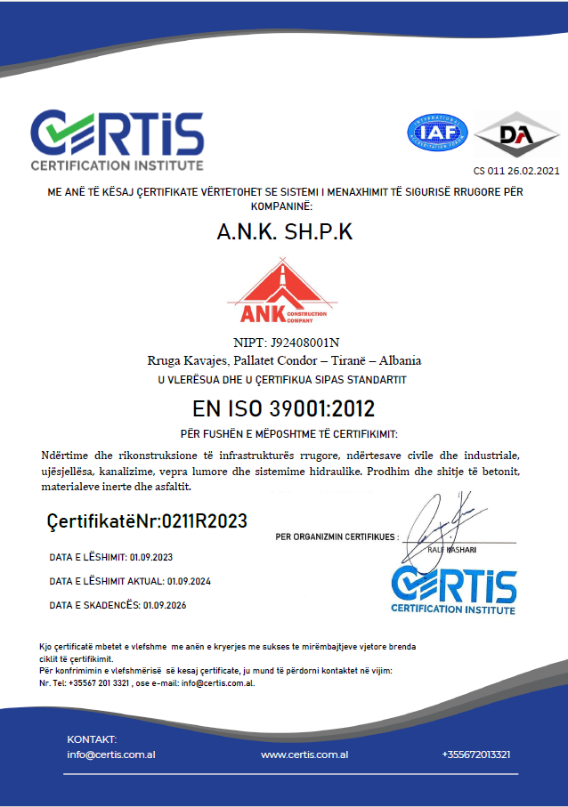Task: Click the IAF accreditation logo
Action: click(437, 131)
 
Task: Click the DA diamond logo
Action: click(516, 133)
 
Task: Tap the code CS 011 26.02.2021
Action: click(516, 171)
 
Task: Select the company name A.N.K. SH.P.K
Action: click(284, 232)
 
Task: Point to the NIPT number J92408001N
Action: click(304, 343)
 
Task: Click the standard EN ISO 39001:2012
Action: click(283, 409)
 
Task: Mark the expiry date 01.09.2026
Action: click(162, 605)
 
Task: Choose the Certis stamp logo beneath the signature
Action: click(453, 588)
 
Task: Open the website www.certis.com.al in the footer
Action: click(304, 755)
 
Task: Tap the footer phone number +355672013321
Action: click(475, 755)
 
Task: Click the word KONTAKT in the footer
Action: click(92, 739)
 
